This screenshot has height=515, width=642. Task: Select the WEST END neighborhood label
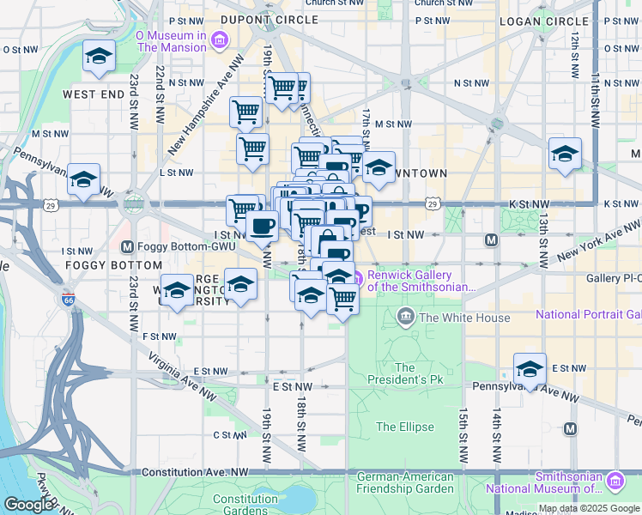[94, 93]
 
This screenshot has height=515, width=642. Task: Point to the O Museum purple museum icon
[221, 39]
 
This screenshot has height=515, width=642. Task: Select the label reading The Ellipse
[404, 427]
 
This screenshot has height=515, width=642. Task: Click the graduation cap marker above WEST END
[100, 58]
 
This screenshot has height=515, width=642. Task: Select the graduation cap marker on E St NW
[530, 369]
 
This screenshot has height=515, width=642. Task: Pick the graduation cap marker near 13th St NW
[565, 154]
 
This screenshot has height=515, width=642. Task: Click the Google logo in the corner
[27, 505]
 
